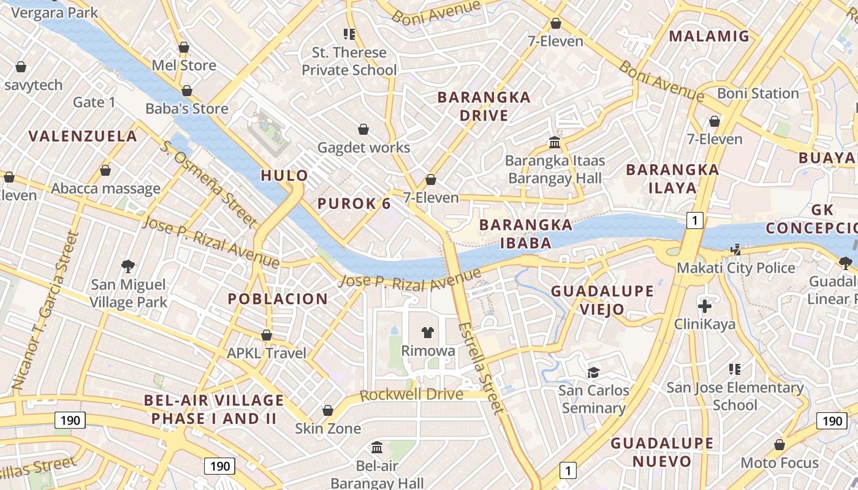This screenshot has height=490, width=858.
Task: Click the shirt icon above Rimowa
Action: coord(428,333)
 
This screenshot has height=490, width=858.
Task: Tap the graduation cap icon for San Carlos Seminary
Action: coord(593,372)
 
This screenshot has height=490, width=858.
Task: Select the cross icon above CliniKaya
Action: coord(705,306)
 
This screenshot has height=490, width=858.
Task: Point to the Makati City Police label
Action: coord(735,268)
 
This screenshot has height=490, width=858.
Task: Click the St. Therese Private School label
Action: coord(349,61)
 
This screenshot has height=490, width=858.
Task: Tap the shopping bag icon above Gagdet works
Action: coord(363,129)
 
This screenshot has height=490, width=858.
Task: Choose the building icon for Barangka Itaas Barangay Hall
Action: coord(555,143)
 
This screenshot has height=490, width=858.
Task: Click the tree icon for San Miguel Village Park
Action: coord(128,266)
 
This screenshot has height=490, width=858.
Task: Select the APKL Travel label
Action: coord(266,353)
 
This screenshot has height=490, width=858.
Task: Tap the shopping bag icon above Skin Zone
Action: coord(328,410)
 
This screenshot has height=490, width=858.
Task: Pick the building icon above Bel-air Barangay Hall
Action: coord(377,448)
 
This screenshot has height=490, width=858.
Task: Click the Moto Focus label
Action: coord(780,462)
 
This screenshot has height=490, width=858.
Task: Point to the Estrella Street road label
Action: coord(481,367)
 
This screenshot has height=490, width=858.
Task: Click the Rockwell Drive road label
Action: coord(411,394)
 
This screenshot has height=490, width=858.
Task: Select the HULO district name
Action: coord(284,176)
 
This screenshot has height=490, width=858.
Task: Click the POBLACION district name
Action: coord(278,299)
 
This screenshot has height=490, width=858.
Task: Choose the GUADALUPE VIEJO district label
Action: coord(593,300)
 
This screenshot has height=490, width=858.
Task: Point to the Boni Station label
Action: coord(757,94)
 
